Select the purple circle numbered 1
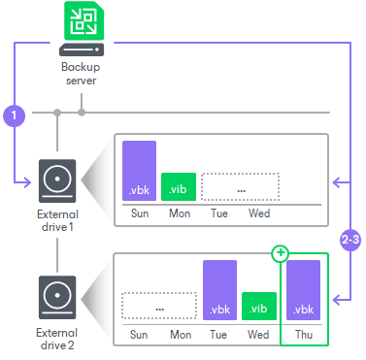point(14,115)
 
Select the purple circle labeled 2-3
point(350,238)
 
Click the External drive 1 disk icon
point(57,179)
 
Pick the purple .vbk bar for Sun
point(139,170)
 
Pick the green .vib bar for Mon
point(179,185)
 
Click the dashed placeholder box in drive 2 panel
point(158,307)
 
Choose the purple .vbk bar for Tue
point(219,290)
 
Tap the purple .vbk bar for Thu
point(305,290)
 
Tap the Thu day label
point(305,333)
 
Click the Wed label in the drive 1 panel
point(259,213)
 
